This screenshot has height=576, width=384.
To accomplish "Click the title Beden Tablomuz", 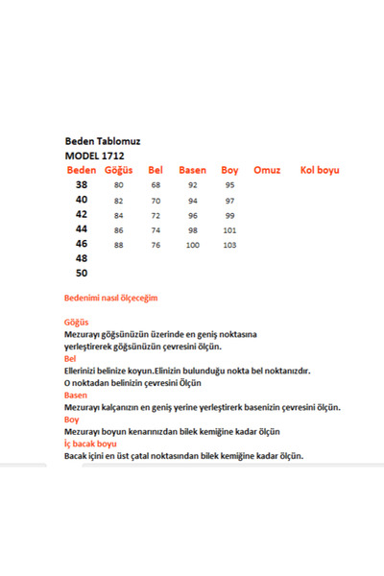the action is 101,139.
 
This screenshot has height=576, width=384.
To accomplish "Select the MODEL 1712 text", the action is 94,155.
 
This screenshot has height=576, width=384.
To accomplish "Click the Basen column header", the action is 192,170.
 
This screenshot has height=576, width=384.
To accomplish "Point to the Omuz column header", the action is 267,170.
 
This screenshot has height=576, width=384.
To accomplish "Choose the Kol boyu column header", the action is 320,170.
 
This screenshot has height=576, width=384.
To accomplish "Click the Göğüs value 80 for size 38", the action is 119,184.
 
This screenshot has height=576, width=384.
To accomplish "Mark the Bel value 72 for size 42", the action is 156,215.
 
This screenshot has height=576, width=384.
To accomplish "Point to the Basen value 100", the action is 193,245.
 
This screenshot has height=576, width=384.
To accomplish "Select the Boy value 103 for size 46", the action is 230,245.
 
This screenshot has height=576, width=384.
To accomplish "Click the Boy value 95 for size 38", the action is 230,184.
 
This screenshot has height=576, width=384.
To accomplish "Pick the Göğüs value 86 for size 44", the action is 119,230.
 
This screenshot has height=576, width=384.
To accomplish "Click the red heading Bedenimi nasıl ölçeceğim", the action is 110,299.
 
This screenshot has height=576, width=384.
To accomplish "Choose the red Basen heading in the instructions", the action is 76,395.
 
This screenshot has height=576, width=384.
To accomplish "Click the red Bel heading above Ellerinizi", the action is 71,358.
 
